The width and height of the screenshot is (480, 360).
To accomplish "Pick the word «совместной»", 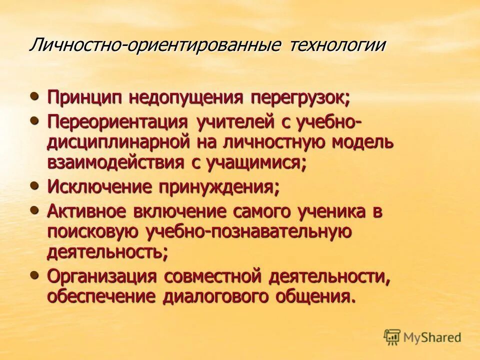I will [214, 276].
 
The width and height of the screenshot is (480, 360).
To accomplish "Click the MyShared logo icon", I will [392, 337].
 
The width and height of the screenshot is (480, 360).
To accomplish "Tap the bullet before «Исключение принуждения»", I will [34, 185].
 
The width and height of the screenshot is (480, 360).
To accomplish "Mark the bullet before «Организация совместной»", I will [34, 274].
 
